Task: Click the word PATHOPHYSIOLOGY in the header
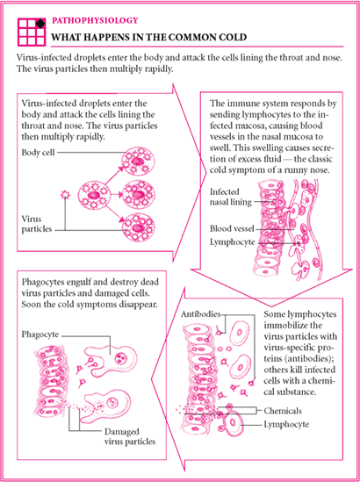95,20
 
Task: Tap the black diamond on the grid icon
40,24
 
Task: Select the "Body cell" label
38,152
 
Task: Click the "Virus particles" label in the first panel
37,224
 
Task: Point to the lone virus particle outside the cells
65,195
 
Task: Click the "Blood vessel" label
232,228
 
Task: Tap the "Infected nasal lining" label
231,197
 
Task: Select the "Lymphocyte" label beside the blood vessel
233,242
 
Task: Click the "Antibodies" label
201,314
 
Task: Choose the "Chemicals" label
283,411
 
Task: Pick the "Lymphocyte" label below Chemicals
286,425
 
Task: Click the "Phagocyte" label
40,335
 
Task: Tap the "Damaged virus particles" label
130,436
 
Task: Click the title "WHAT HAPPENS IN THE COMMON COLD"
148,37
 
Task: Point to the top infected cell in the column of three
138,161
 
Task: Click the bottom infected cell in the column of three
139,227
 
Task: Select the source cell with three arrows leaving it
93,195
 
